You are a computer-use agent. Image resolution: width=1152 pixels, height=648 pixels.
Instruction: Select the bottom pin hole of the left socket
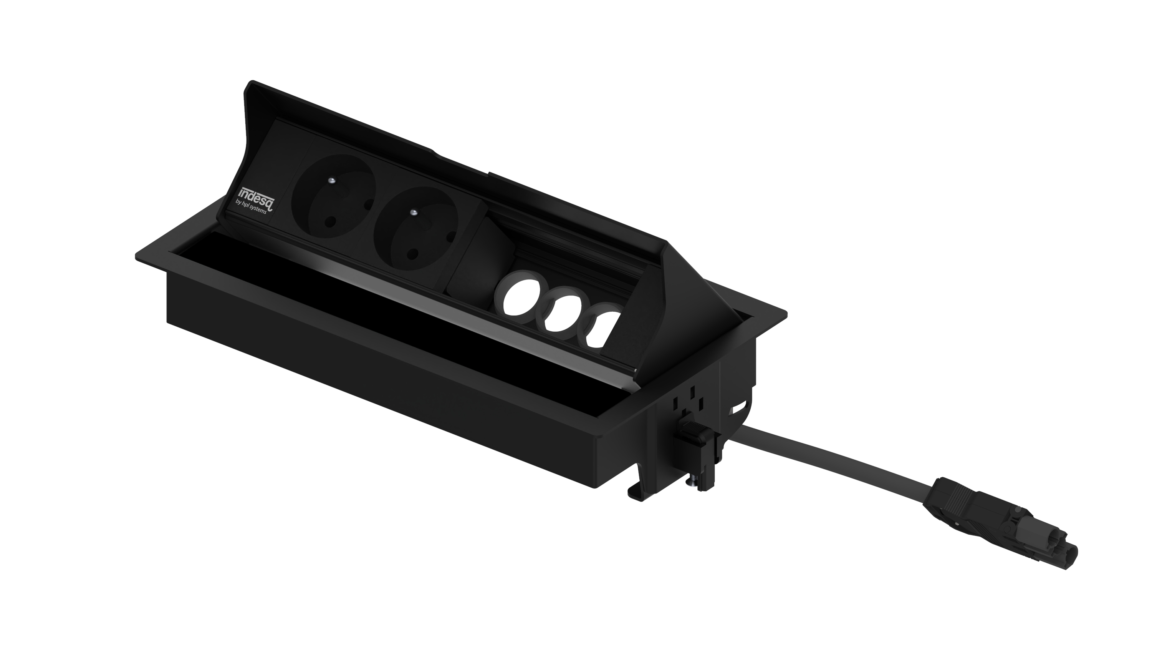[x=331, y=221]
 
